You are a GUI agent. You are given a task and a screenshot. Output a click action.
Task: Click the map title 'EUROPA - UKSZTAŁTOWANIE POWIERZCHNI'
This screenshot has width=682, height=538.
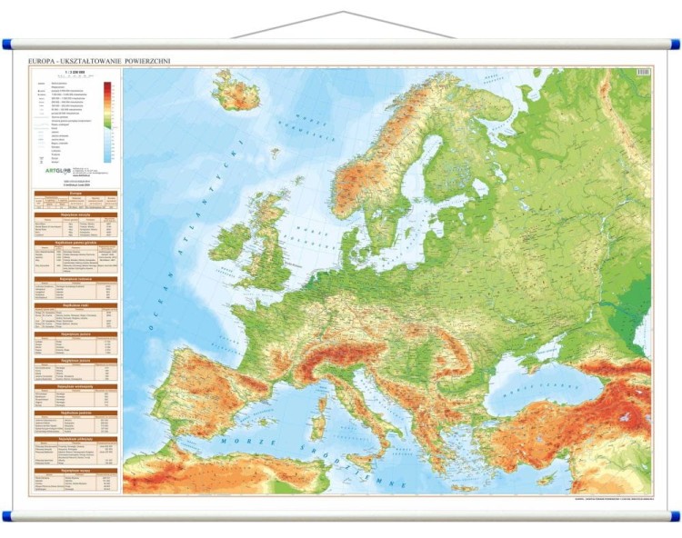(x=100, y=61)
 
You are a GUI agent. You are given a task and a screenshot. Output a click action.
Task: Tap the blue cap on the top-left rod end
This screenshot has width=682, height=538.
(x=6, y=43)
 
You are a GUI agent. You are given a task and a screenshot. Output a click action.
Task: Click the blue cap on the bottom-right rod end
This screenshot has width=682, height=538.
(x=675, y=516)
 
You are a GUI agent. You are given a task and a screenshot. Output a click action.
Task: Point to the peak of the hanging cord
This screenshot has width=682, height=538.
(x=343, y=13)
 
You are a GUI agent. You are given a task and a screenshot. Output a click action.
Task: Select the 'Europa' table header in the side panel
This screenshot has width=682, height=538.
(x=75, y=194)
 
